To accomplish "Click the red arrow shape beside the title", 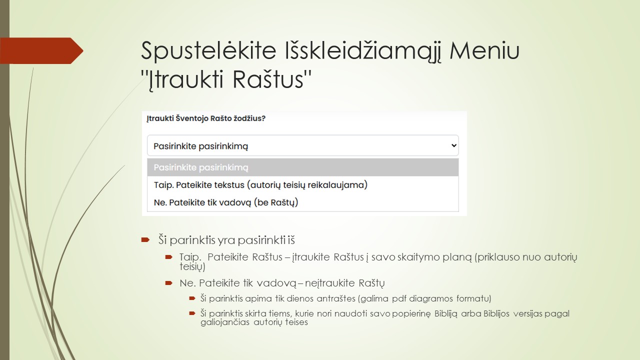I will point(42,51).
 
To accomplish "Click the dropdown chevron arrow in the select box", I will point(453,145).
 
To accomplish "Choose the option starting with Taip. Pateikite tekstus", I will point(260,185).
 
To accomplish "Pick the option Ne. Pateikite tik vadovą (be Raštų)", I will point(226,202).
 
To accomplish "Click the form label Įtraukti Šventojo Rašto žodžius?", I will point(206,118).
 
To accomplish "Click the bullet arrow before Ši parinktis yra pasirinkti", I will point(145,240).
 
